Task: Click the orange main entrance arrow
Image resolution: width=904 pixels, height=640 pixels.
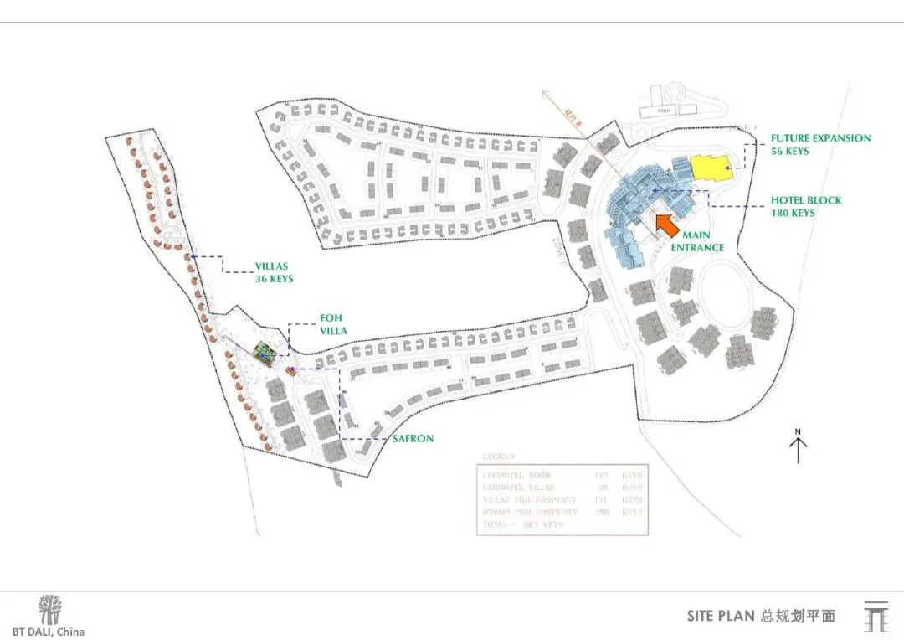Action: (x=667, y=225)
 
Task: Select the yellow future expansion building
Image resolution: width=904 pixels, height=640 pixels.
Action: (x=710, y=168)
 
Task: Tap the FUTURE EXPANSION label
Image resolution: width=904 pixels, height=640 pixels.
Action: (x=820, y=138)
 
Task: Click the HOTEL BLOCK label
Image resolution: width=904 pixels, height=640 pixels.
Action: (x=806, y=201)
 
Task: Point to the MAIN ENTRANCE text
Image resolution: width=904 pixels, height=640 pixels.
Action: (x=702, y=241)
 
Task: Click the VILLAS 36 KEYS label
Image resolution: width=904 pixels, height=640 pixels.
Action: (x=275, y=273)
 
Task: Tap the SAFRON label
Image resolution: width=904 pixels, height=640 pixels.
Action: (x=413, y=438)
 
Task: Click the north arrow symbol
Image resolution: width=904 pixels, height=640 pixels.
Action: (x=798, y=450)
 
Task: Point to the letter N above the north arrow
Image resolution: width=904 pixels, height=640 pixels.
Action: (x=798, y=432)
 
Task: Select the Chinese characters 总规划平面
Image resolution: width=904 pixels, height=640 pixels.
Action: (x=798, y=617)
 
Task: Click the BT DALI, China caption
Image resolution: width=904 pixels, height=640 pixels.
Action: (x=48, y=632)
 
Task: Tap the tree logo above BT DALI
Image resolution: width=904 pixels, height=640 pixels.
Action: (x=49, y=610)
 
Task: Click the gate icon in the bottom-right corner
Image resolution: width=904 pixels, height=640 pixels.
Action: (x=875, y=616)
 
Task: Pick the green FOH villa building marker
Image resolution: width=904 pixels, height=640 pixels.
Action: (x=264, y=354)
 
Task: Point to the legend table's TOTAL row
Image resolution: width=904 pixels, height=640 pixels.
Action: (x=524, y=524)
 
